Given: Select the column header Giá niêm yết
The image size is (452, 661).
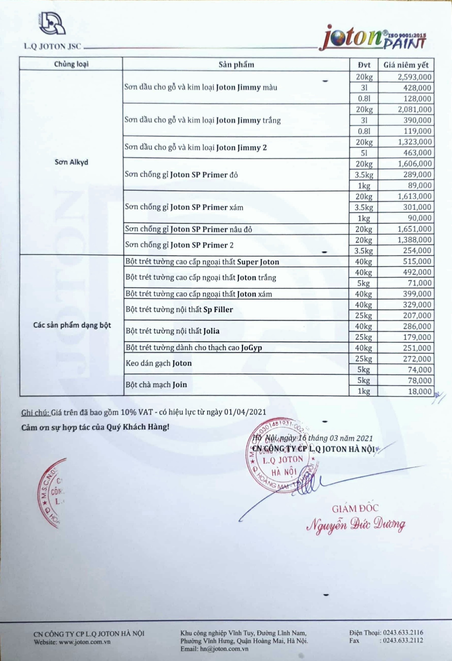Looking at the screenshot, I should click(x=406, y=65).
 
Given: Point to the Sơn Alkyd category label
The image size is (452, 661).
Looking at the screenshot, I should click(x=71, y=162).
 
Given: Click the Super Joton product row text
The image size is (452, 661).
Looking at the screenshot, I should click(x=202, y=262).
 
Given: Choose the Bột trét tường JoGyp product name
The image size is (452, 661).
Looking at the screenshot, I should click(x=194, y=348).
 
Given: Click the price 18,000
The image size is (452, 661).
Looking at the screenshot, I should click(x=419, y=391).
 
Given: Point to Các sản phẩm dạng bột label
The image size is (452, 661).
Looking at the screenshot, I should click(x=72, y=325).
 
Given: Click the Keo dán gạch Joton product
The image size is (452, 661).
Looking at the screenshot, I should click(x=159, y=363).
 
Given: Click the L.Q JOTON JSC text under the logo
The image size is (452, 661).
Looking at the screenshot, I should click(x=52, y=47).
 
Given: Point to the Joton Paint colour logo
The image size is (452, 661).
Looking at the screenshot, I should click(x=372, y=38).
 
